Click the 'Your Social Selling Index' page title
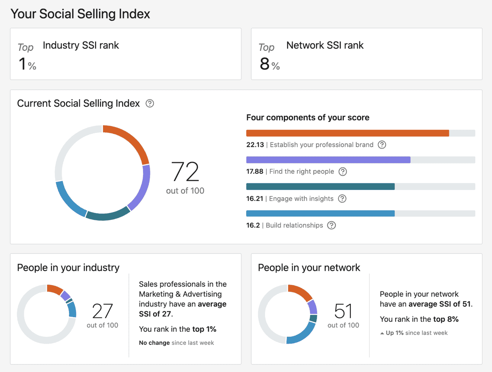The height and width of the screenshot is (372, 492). click(x=80, y=14)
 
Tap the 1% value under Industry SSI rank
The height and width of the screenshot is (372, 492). click(x=27, y=64)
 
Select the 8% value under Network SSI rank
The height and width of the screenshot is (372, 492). click(x=269, y=64)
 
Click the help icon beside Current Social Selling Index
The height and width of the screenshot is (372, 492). click(x=150, y=104)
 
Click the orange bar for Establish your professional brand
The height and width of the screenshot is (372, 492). click(x=347, y=133)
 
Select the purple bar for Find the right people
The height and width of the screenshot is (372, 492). click(x=328, y=160)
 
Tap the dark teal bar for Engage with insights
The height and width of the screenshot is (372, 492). click(x=320, y=187)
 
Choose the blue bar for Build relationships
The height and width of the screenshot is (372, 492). click(x=320, y=214)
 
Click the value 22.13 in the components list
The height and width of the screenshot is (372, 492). click(x=255, y=145)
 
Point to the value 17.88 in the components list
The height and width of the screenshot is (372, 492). click(x=255, y=171)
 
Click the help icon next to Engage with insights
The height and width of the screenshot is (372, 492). click(x=342, y=199)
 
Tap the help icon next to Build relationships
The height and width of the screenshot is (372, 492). click(x=331, y=225)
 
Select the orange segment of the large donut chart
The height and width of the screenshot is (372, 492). click(x=130, y=139)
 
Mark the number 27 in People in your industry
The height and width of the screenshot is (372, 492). click(x=102, y=311)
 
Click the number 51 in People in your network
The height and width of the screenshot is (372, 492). click(x=343, y=311)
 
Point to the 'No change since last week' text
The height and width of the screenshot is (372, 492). click(x=176, y=343)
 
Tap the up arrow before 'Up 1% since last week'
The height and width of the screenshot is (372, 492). click(x=382, y=333)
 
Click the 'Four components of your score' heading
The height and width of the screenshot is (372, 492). click(x=308, y=117)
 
